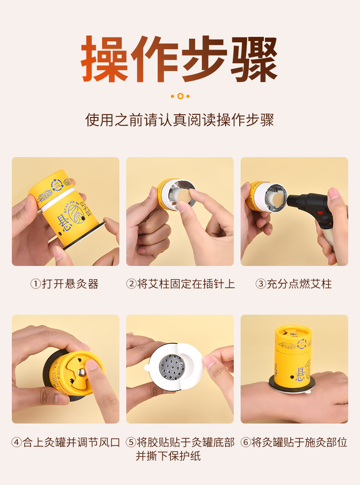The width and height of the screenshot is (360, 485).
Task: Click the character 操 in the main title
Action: (105, 59)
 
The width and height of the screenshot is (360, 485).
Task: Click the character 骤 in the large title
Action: (254, 59)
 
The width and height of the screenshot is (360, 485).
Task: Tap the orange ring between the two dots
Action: (180, 96)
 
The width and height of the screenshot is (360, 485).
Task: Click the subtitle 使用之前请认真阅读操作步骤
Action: (180, 120)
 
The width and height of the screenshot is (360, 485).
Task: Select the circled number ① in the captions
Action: (36, 284)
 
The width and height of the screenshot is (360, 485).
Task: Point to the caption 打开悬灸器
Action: (70, 284)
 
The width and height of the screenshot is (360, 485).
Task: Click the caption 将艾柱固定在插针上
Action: (186, 284)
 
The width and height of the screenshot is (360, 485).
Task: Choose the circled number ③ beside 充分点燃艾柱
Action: (261, 284)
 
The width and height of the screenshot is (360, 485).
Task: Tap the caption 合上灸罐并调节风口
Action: (71, 442)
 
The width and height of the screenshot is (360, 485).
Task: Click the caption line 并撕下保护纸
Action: (168, 456)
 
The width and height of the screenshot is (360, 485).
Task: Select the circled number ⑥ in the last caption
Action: (246, 442)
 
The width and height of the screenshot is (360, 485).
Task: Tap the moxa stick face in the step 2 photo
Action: (183, 196)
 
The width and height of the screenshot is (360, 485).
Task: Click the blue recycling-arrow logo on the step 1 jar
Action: (57, 185)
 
